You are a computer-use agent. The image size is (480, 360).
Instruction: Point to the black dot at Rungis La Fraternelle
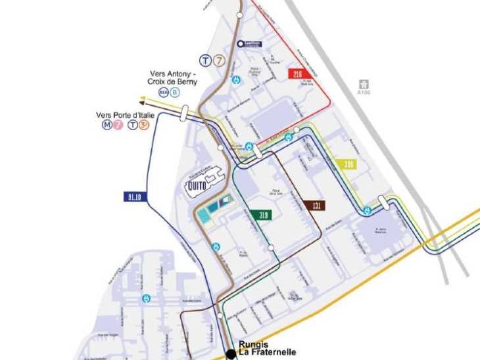point(231,355)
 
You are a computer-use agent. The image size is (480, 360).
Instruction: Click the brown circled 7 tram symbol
point(219,61)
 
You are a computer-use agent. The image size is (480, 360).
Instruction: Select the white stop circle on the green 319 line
point(271,248)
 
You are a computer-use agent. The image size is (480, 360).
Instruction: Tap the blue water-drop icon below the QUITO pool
point(215,247)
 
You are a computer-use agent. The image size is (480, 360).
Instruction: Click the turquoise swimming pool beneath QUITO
point(215,207)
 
